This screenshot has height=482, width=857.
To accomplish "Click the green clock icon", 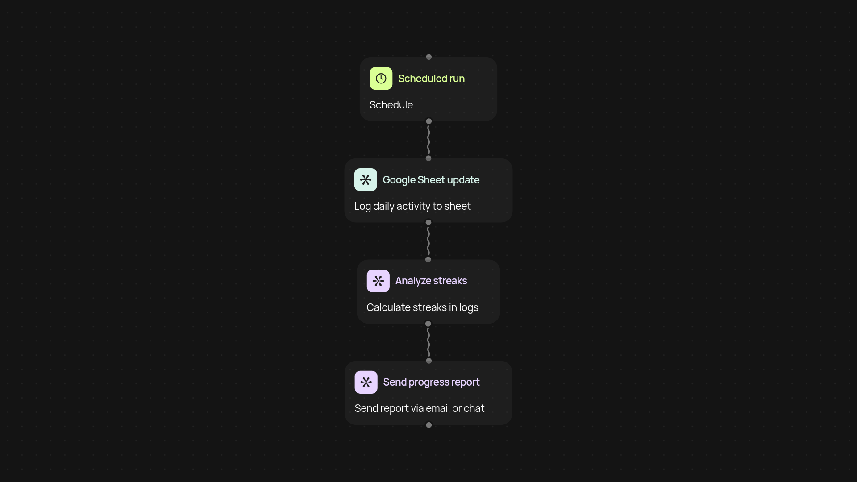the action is click(381, 79).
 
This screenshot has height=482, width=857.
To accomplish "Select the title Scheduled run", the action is click(431, 79).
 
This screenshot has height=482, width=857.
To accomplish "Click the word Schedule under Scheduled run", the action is click(391, 105).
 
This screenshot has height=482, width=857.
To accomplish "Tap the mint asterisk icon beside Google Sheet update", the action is click(366, 180).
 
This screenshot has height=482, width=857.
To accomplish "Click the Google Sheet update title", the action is click(431, 180).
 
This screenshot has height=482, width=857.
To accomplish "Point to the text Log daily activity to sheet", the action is click(412, 206).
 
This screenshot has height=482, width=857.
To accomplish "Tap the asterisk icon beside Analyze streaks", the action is click(378, 281).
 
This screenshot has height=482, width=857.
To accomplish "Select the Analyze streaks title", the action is click(431, 281).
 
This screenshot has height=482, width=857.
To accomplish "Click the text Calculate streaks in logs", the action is click(422, 307).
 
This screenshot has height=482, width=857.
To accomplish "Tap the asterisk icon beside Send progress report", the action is click(366, 382).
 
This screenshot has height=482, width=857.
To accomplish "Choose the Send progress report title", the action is click(431, 382).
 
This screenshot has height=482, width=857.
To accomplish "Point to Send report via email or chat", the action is click(419, 408).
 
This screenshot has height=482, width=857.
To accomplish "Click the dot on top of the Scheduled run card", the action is click(429, 57).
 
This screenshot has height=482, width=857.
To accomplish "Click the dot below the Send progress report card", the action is click(429, 425).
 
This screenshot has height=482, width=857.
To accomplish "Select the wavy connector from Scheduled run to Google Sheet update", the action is click(428, 140).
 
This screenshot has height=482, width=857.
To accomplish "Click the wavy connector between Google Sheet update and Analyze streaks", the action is click(428, 241).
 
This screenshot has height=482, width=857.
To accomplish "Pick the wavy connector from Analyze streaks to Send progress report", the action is click(428, 342).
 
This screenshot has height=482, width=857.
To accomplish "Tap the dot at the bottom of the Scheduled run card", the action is click(429, 121).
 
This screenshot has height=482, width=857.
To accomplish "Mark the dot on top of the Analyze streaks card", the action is click(428, 260).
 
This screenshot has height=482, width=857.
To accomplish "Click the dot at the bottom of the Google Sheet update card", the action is click(428, 223).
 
